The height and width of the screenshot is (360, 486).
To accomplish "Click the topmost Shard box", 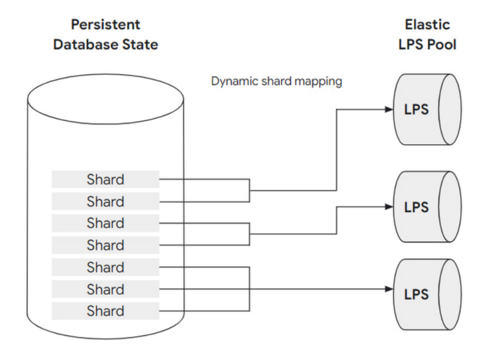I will (105, 180).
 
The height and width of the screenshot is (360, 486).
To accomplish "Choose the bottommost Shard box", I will (105, 311).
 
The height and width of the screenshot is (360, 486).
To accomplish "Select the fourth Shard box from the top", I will (105, 245).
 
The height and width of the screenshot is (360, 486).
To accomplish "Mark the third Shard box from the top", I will (105, 223).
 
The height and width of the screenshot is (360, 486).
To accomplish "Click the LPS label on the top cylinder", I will (416, 110).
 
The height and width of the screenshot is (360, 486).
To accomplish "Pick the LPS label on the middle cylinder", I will (416, 207).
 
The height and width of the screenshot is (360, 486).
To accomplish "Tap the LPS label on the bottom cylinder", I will (416, 294).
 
